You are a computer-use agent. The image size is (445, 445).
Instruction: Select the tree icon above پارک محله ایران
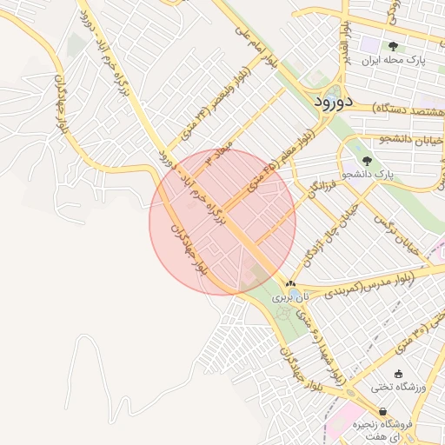click(x=393, y=47)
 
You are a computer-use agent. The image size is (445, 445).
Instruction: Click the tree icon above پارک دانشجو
click(x=367, y=160)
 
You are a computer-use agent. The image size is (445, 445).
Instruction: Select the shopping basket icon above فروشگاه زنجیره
click(x=383, y=411)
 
